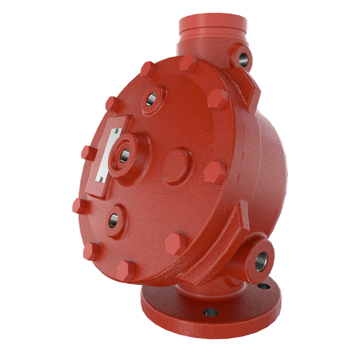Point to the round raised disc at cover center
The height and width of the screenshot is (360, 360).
pyautogui.click(x=177, y=166)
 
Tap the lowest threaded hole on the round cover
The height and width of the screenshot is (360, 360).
pyautogui.click(x=113, y=220)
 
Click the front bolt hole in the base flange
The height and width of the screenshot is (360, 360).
pyautogui.click(x=211, y=312)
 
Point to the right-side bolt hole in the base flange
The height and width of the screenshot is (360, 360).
pyautogui.click(x=264, y=286)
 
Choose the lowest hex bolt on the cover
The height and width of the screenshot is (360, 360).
pyautogui.click(x=125, y=271)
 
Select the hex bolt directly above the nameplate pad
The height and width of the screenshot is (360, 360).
pyautogui.click(x=112, y=103)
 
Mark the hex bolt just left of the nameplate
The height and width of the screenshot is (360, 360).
pyautogui.click(x=88, y=153)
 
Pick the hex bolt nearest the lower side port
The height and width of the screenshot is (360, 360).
pyautogui.click(x=176, y=243)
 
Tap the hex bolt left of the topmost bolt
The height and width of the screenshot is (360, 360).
pyautogui.click(x=148, y=69)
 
